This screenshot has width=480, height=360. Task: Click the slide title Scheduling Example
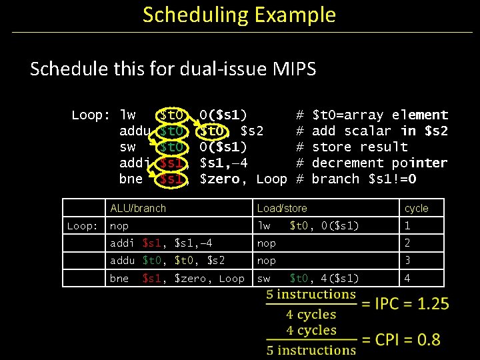(x=239, y=15)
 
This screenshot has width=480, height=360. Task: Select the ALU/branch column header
(x=138, y=209)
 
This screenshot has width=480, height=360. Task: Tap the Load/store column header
(x=282, y=209)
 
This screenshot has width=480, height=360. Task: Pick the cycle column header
(x=416, y=209)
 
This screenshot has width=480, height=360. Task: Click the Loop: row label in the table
(x=83, y=227)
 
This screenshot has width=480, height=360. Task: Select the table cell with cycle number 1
(x=408, y=227)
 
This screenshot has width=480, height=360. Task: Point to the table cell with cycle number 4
(x=408, y=278)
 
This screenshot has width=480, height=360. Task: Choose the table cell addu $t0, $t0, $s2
(x=167, y=261)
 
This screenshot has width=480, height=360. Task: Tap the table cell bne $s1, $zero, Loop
(x=177, y=278)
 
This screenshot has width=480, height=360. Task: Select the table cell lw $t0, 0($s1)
(x=308, y=227)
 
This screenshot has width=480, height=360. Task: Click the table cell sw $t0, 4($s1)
(x=308, y=278)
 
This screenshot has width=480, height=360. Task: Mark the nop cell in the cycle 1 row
(x=119, y=227)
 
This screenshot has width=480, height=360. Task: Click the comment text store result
(x=359, y=147)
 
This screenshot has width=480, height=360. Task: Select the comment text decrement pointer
(x=379, y=163)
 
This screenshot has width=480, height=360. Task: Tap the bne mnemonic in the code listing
(x=131, y=179)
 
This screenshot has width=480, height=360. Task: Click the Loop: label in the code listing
(x=91, y=115)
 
